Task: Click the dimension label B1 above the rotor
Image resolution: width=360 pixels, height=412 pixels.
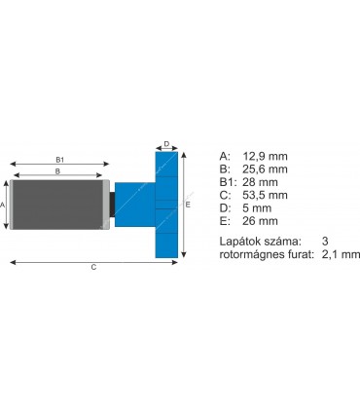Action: pyautogui.click(x=59, y=159)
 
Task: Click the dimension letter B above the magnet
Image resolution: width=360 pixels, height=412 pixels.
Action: pyautogui.click(x=58, y=171)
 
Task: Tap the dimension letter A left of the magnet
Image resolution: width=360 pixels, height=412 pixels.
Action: pyautogui.click(x=4, y=206)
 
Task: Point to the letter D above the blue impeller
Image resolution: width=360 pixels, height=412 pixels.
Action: pyautogui.click(x=166, y=143)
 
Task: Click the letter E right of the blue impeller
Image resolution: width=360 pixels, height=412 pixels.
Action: pyautogui.click(x=188, y=206)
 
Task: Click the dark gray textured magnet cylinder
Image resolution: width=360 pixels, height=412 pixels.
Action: pyautogui.click(x=58, y=205)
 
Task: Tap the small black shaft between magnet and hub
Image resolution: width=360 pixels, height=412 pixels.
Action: pyautogui.click(x=112, y=205)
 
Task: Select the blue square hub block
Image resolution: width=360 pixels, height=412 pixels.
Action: pyautogui.click(x=133, y=205)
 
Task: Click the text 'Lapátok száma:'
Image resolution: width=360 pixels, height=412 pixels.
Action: pyautogui.click(x=260, y=241)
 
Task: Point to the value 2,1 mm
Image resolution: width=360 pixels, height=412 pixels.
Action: pyautogui.click(x=341, y=254)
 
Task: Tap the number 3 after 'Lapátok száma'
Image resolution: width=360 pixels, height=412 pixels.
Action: pyautogui.click(x=325, y=241)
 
